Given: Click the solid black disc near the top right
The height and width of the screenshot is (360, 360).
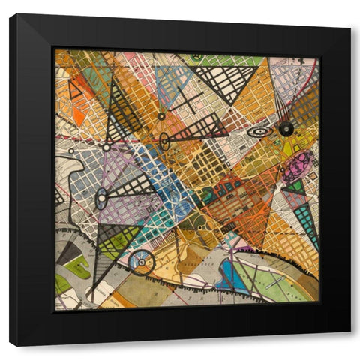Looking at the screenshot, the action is pos(286,129).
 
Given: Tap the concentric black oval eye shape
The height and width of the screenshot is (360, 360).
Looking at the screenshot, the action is pos(259,132).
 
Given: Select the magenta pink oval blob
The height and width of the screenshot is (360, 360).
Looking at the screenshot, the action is pos(298,165).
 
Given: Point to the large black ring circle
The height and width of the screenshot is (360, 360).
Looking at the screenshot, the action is pos(141,262).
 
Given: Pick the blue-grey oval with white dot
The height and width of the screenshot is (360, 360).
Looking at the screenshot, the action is pos(100,199).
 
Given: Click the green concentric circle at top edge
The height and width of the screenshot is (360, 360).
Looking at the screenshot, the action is pos(196,57).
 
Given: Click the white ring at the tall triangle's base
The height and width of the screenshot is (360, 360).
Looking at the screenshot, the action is pos(106,148).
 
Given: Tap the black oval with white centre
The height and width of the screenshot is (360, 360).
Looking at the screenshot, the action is pos(164,141).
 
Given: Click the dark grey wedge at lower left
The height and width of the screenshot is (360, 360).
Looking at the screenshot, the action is pos(69,255).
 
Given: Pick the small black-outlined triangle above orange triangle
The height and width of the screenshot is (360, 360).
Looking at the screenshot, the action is pos(75,90).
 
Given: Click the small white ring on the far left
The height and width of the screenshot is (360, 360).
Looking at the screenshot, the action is pos(71,151).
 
